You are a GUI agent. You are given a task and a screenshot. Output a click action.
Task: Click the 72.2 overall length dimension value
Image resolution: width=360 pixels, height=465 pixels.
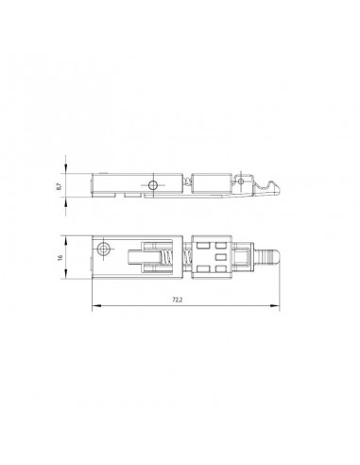tap(178, 300)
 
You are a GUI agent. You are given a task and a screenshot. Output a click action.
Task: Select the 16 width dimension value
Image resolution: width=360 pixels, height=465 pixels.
tap(60, 257)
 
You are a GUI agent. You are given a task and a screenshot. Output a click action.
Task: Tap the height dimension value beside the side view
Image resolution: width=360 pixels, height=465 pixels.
tap(59, 186)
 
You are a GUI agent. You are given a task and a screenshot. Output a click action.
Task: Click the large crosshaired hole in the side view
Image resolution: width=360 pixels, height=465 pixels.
tap(153, 185)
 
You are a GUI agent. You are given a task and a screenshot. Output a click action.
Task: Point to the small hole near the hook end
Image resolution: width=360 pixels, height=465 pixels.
tap(241, 181)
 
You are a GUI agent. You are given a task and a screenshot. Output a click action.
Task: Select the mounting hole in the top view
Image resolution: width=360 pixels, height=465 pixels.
tap(104, 249)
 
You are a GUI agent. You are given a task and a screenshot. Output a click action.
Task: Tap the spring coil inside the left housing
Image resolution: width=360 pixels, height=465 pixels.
tap(166, 257)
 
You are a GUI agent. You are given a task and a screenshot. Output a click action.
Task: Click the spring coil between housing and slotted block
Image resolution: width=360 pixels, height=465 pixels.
tap(187, 257)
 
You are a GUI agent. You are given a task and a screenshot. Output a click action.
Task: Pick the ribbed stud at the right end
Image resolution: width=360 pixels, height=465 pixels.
tap(267, 257)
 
